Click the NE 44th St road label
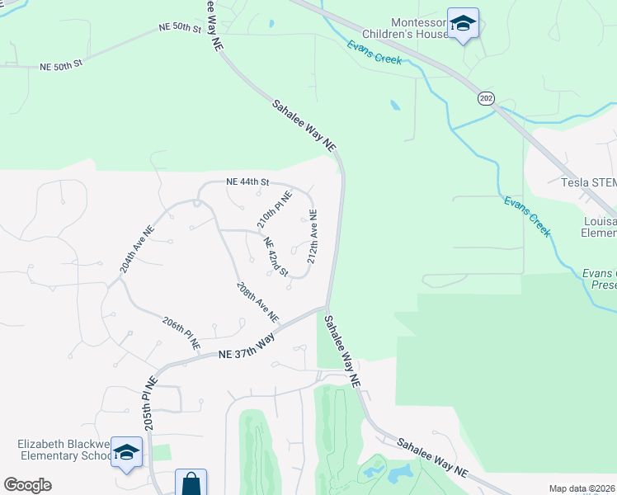coord(248,181)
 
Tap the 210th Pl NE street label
coord(274,210)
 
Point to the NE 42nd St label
coord(276,257)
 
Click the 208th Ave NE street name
coord(257,303)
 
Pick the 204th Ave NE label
coord(137,250)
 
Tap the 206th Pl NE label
coord(181,332)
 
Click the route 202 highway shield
coord(485,98)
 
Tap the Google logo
coord(27,485)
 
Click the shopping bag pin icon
coord(191,483)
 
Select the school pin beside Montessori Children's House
coord(463,25)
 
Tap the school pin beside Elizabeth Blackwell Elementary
coord(126,452)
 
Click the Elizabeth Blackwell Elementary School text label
coord(64,450)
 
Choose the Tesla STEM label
coord(588,182)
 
